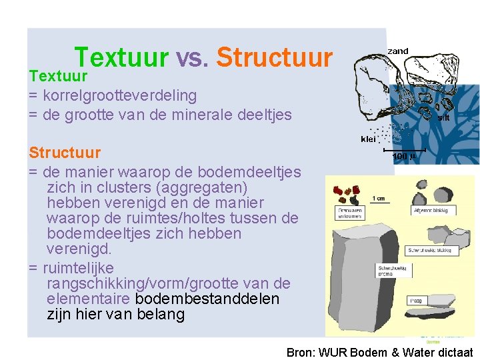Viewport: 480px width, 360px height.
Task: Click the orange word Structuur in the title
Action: [275, 58]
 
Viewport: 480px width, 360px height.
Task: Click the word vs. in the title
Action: [193, 58]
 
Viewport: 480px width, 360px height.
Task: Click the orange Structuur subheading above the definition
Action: [65, 153]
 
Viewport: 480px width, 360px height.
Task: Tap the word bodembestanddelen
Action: [207, 299]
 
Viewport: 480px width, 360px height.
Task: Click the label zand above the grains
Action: [398, 51]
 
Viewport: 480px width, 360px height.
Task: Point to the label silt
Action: [443, 117]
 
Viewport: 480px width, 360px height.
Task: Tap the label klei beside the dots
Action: [368, 139]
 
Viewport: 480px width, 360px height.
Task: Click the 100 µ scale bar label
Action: [404, 156]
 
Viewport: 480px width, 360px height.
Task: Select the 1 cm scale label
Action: [378, 197]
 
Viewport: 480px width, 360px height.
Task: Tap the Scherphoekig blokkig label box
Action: [432, 251]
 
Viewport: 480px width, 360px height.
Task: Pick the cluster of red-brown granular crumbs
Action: [347, 193]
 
